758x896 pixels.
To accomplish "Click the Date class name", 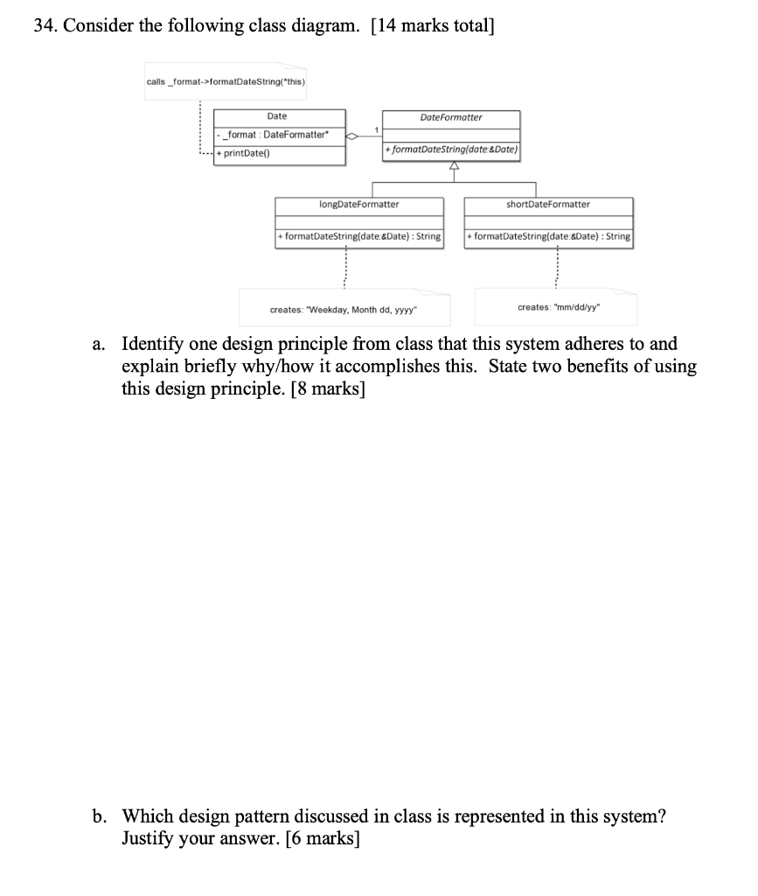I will pos(276,116).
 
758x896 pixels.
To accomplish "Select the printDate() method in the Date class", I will pos(247,154).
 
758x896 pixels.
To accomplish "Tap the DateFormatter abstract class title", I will pos(450,117).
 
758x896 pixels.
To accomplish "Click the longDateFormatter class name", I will pos(358,204).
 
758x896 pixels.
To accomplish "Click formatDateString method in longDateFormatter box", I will pos(358,236).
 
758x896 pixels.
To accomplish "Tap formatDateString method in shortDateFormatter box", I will pos(548,236).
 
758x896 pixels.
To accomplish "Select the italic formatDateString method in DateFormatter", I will pos(451,150).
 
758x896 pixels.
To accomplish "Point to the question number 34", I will pos(45,25).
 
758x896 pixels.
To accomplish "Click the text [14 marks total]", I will pos(432,25).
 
